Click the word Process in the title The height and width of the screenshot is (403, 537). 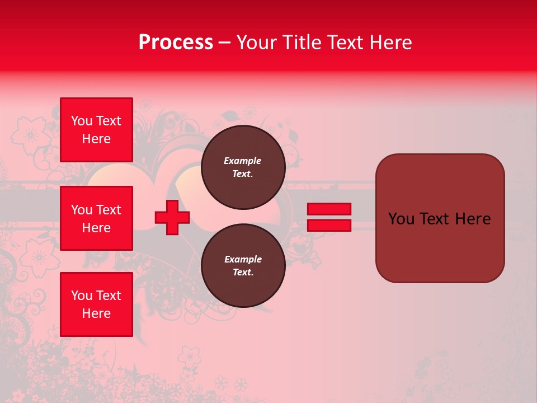tap(176, 43)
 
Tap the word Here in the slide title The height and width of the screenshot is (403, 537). tap(389, 43)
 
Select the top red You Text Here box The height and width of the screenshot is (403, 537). tap(96, 130)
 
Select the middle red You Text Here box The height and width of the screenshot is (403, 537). tap(96, 218)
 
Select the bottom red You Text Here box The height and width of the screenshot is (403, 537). tap(96, 304)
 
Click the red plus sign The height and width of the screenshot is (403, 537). tap(172, 218)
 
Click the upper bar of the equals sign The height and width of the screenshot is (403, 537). tap(329, 209)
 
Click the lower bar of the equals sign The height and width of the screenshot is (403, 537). tap(329, 226)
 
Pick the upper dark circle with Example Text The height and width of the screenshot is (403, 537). tap(243, 167)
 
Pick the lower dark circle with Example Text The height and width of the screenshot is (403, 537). tap(243, 266)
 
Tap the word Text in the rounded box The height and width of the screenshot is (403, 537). tap(435, 219)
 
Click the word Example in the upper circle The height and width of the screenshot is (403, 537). tap(243, 161)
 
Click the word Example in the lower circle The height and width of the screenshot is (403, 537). tap(243, 259)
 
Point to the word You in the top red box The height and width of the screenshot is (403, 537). tap(82, 121)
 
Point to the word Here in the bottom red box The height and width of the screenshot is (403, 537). tap(96, 313)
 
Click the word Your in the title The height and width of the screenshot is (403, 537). tap(256, 43)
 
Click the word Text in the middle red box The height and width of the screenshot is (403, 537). tap(109, 210)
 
